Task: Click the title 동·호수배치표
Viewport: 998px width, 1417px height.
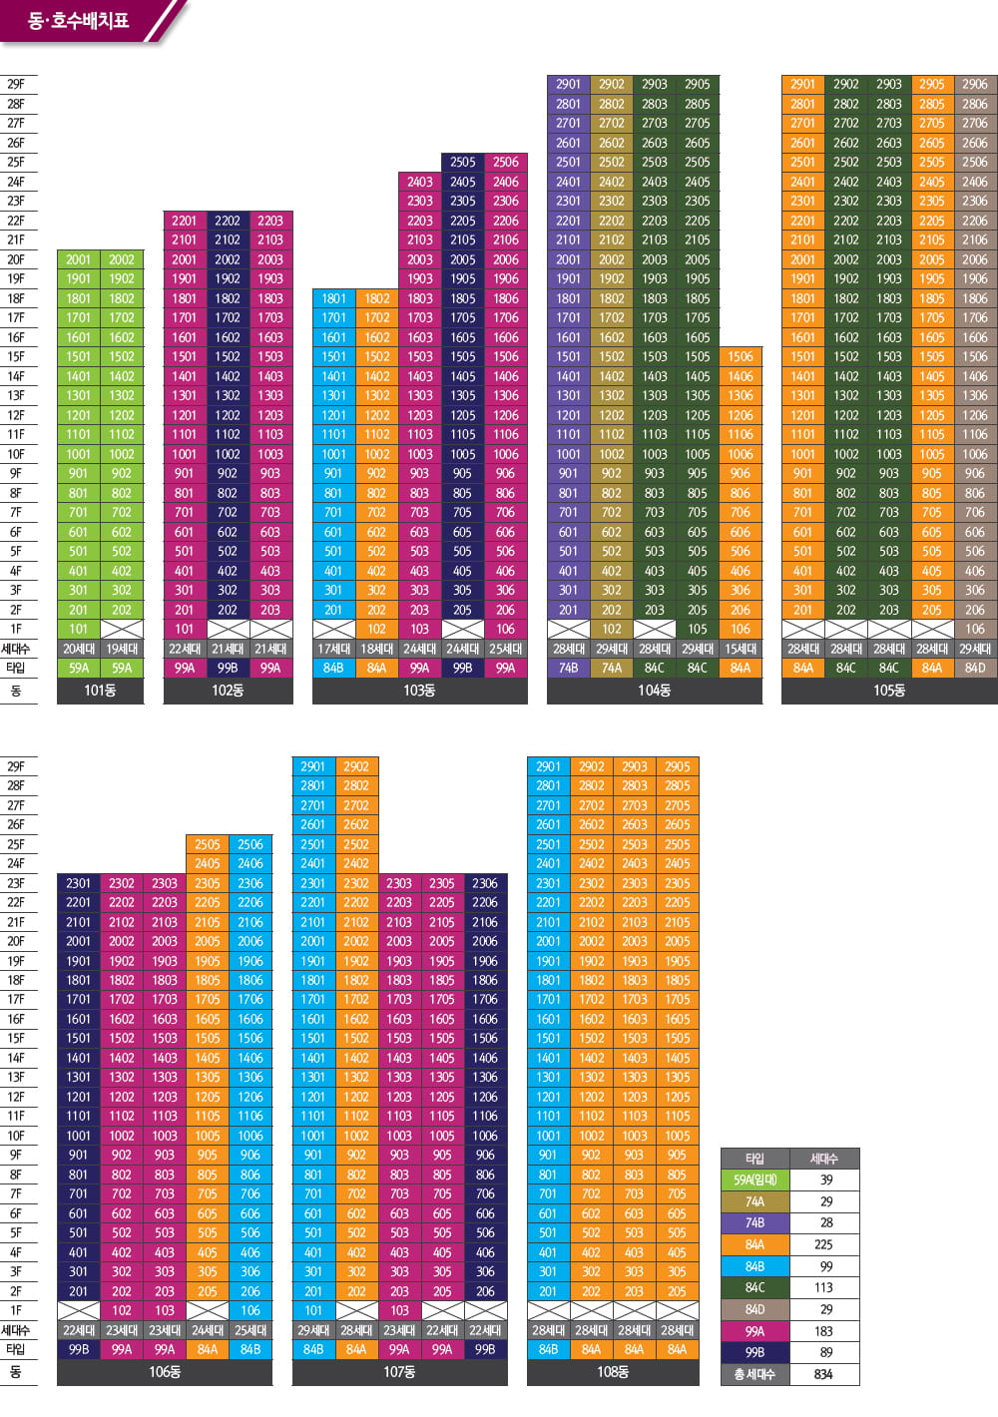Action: pos(78,20)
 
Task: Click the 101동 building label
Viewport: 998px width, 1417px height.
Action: pos(100,691)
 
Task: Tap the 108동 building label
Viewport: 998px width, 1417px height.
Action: pos(613,1372)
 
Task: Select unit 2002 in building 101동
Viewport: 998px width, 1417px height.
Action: pos(122,259)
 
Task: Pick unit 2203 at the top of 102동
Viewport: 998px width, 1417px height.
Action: pos(270,221)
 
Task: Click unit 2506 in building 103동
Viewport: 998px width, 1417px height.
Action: pos(506,162)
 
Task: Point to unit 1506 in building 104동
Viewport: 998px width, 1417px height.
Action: pos(741,356)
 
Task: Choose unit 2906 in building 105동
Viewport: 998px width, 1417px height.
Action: pos(975,85)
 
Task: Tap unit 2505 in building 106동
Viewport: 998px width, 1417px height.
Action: pos(208,844)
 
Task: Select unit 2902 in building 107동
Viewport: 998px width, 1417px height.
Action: pos(356,766)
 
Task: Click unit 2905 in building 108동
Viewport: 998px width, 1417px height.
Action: pos(678,766)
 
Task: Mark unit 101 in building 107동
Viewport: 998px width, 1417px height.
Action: pos(313,1310)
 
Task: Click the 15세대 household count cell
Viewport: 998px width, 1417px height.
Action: pos(741,649)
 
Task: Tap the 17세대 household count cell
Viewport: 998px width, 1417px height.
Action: pos(333,649)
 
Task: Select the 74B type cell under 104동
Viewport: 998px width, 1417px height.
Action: pos(568,668)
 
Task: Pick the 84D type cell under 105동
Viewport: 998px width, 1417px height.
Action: pos(975,668)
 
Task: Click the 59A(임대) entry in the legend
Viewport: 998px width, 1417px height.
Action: pos(754,1180)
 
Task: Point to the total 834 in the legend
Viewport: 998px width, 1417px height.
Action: pos(823,1374)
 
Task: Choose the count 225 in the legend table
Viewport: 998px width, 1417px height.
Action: pos(823,1244)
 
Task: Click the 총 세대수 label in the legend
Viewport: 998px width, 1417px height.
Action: pos(754,1374)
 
